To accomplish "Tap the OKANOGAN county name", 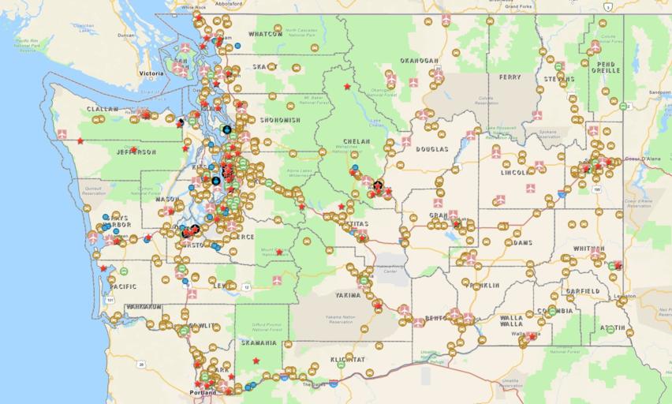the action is click(x=419, y=60).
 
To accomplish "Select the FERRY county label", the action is click(x=510, y=77).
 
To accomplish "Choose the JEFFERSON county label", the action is click(x=136, y=151).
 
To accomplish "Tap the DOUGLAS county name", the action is click(x=432, y=148).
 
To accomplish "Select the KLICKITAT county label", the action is click(x=348, y=359).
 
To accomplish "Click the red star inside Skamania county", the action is click(x=256, y=361).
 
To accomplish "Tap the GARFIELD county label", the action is click(x=582, y=290).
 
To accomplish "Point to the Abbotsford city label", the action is click(x=227, y=3).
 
